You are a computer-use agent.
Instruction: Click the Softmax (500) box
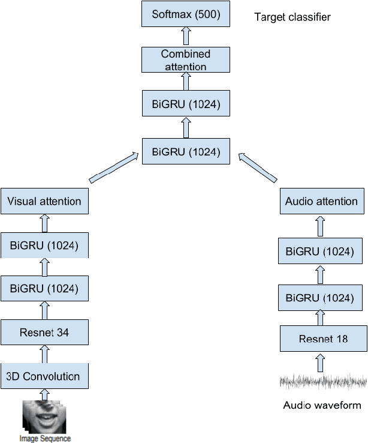pos(186,14)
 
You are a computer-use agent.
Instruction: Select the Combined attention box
pos(186,59)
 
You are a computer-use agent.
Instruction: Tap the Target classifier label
pos(292,17)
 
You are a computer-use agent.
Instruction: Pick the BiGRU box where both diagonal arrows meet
pos(186,151)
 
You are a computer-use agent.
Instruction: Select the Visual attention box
pos(44,201)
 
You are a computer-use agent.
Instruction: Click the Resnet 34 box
pos(44,333)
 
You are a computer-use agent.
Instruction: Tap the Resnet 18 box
pos(322,339)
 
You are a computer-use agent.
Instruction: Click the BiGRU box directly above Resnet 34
pos(44,289)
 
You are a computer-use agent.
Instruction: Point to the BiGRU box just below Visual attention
pos(44,245)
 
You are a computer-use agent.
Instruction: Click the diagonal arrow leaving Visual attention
pos(114,168)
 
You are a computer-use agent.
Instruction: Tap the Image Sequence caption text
pos(44,438)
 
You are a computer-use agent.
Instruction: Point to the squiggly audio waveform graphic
pos(322,382)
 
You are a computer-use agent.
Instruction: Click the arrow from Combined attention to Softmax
pos(186,36)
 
